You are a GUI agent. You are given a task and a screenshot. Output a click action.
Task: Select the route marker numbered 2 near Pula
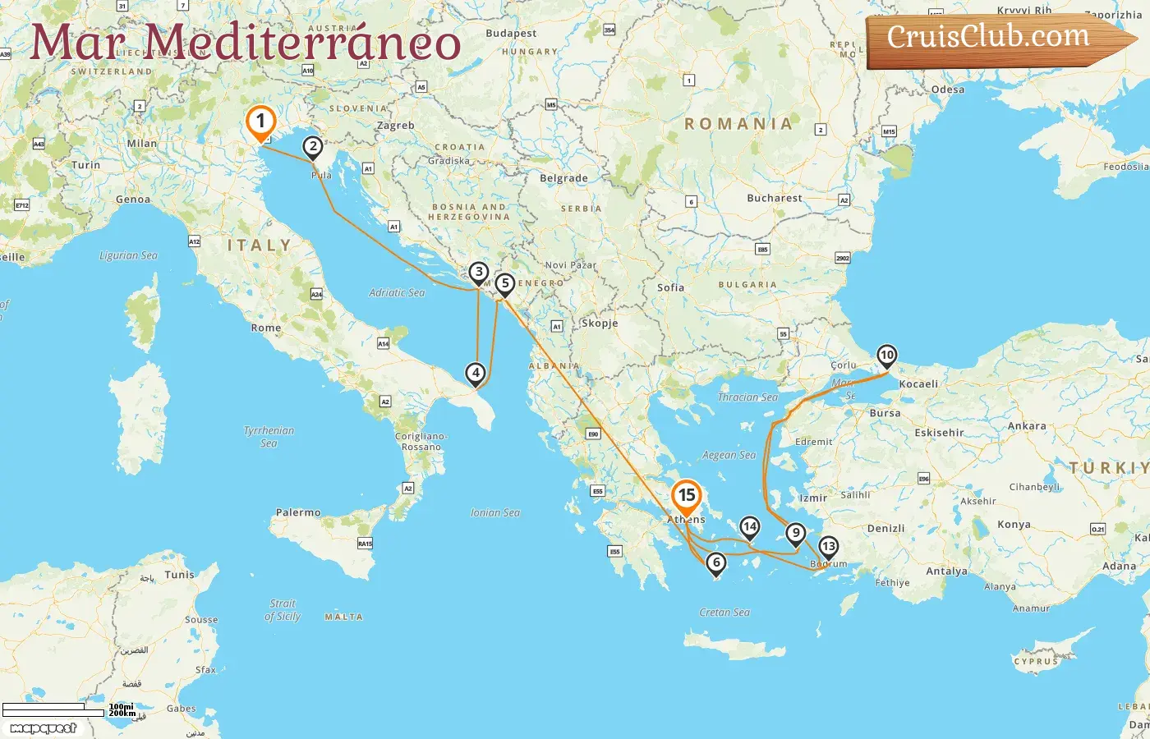pos(312,148)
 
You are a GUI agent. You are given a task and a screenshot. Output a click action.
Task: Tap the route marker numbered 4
pos(476,374)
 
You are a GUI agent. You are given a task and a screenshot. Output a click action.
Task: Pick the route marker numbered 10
pos(886,356)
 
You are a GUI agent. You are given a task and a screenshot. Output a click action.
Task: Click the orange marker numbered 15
pos(686,496)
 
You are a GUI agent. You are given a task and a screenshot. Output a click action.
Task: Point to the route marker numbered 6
pos(716,562)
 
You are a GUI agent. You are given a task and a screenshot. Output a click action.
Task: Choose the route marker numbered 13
pos(828,547)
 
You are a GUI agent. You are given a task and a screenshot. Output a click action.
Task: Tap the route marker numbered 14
pos(749,527)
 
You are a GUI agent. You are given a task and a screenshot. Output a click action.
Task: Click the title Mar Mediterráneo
pos(245,43)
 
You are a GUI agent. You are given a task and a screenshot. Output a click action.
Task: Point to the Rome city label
pos(266,328)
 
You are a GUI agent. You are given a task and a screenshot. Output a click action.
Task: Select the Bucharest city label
pos(774,198)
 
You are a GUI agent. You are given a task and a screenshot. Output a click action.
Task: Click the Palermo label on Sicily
pos(298,512)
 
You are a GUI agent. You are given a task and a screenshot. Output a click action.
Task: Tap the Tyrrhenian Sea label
pos(269,437)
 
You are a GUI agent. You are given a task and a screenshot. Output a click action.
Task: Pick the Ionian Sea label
pos(495,512)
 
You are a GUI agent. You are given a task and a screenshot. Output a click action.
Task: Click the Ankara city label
pos(1027,426)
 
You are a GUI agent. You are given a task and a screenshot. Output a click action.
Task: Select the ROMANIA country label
pos(738,124)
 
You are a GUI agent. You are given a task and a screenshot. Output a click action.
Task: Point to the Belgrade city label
pos(563,178)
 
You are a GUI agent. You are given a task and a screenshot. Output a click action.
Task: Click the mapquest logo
pos(43,728)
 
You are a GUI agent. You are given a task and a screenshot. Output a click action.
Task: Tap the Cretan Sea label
pos(724,613)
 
